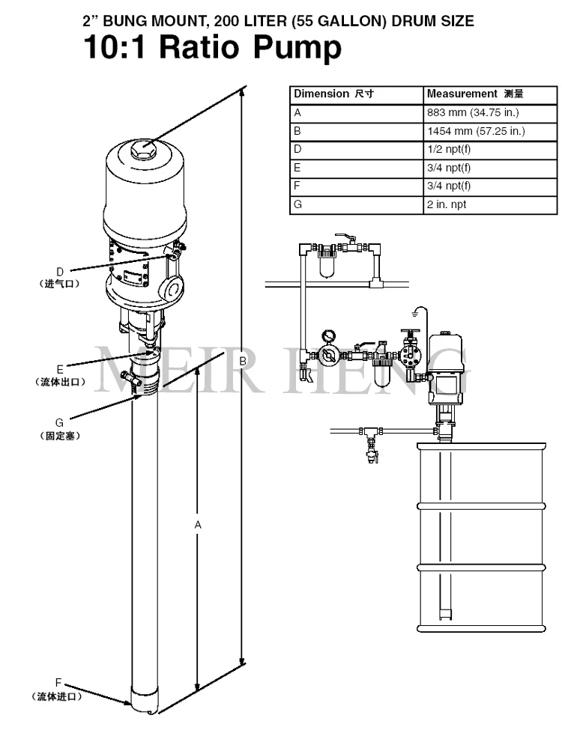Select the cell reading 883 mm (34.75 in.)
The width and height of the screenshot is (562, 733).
(x=490, y=113)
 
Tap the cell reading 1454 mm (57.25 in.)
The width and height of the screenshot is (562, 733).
(x=490, y=132)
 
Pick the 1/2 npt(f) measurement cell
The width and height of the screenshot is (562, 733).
(x=490, y=150)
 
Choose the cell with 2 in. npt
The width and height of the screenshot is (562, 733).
(x=490, y=205)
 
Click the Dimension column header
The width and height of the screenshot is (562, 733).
(x=357, y=95)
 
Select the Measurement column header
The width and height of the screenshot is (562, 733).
(x=490, y=95)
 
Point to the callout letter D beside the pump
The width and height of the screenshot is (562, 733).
(x=60, y=272)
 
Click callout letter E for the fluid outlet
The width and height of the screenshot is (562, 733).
(x=60, y=370)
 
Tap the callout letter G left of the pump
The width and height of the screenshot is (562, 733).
(x=59, y=423)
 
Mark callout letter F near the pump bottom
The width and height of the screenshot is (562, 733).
(x=58, y=684)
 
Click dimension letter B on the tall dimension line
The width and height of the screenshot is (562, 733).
(x=243, y=362)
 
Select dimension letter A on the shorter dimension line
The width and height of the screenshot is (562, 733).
(x=198, y=525)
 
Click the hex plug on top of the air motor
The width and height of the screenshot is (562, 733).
(x=142, y=150)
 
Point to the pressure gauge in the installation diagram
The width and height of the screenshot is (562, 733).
(x=328, y=337)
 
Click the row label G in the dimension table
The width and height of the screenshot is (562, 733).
(x=298, y=204)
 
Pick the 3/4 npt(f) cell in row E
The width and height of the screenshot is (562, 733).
(x=490, y=168)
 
